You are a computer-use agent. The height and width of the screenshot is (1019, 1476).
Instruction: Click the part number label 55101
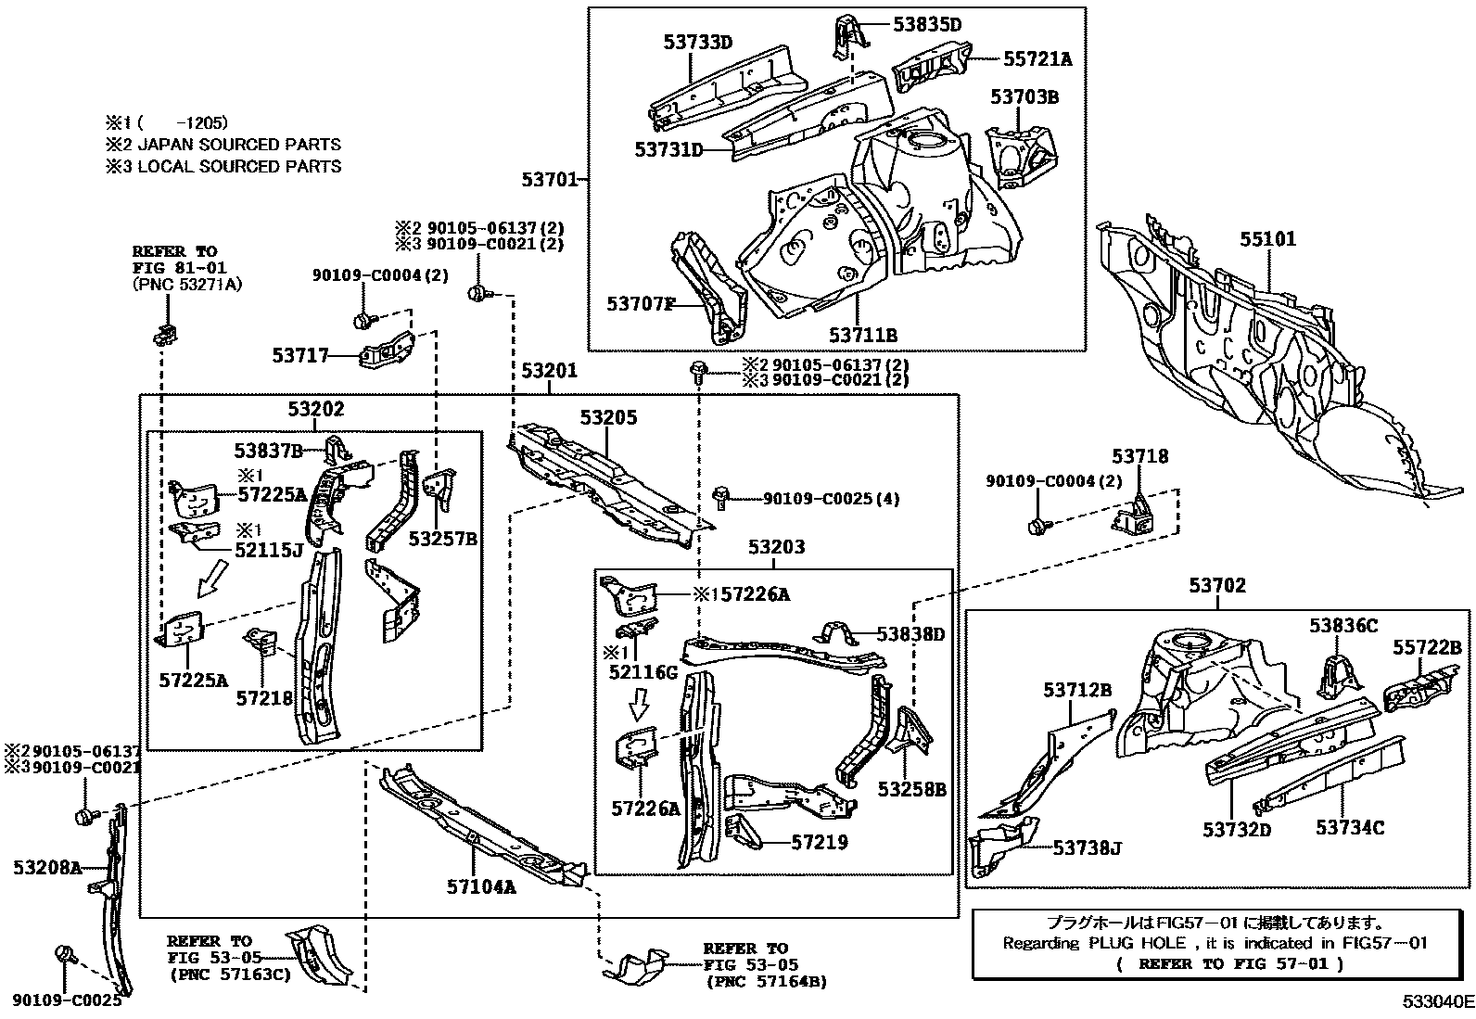(x=1268, y=239)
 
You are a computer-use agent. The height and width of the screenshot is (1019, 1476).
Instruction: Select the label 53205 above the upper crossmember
(x=609, y=418)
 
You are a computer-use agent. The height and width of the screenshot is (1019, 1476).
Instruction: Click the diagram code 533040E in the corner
(x=1436, y=1002)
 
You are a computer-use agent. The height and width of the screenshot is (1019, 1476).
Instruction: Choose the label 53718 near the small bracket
(x=1140, y=456)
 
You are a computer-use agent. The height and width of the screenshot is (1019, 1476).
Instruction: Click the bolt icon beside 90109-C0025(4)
(x=720, y=498)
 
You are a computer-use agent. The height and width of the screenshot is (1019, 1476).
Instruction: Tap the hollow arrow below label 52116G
(x=639, y=703)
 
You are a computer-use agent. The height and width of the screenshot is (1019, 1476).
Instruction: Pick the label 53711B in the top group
(x=862, y=335)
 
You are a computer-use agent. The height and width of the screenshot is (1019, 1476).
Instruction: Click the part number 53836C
(x=1343, y=626)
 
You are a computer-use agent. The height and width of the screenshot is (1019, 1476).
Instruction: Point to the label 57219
(x=819, y=843)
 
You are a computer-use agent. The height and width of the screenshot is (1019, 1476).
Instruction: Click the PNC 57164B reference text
(x=766, y=981)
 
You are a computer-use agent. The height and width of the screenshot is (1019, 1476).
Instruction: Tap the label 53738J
(x=1088, y=847)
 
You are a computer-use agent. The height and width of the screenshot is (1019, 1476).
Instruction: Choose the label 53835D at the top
(x=927, y=25)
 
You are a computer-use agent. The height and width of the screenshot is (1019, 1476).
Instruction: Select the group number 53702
(x=1217, y=586)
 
